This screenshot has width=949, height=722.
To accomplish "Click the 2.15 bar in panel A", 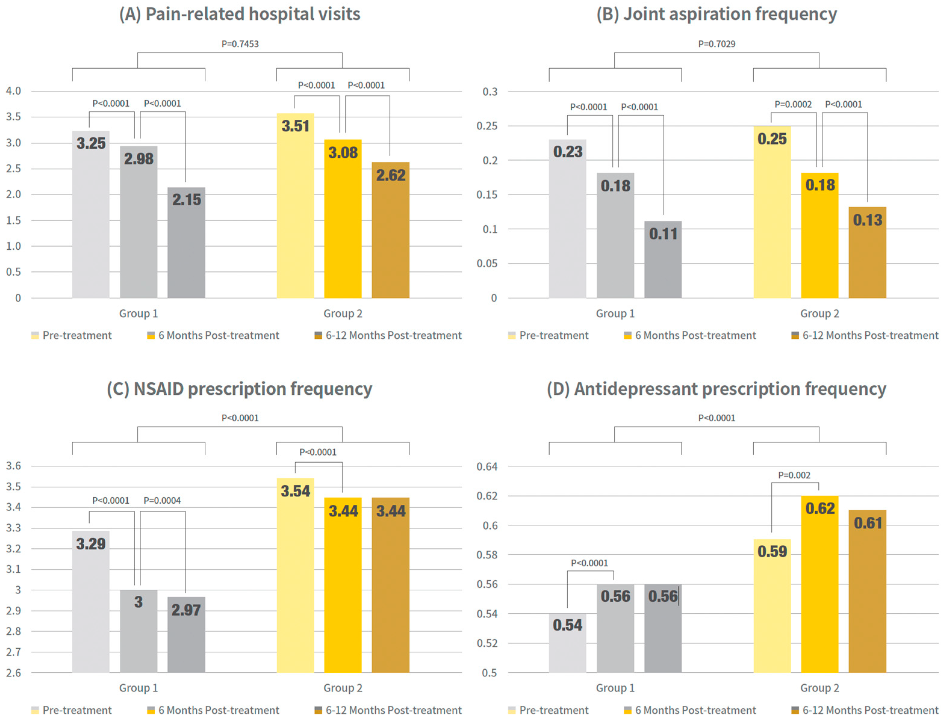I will (186, 243).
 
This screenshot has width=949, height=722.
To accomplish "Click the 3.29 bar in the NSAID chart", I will (91, 602).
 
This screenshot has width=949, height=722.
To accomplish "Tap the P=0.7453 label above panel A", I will (240, 44).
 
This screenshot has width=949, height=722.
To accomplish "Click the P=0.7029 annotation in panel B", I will (716, 44).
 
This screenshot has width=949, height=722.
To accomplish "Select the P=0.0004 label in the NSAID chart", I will (162, 500).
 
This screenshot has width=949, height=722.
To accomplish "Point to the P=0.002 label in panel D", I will (794, 475).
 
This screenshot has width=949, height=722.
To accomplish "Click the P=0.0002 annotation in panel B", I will (793, 104).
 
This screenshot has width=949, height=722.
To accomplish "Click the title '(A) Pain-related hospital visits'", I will (240, 14).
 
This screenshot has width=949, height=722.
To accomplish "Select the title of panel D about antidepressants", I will (716, 389).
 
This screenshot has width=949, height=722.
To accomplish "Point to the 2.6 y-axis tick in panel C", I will (13, 673).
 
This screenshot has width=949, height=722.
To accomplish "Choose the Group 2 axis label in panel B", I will (819, 313).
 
